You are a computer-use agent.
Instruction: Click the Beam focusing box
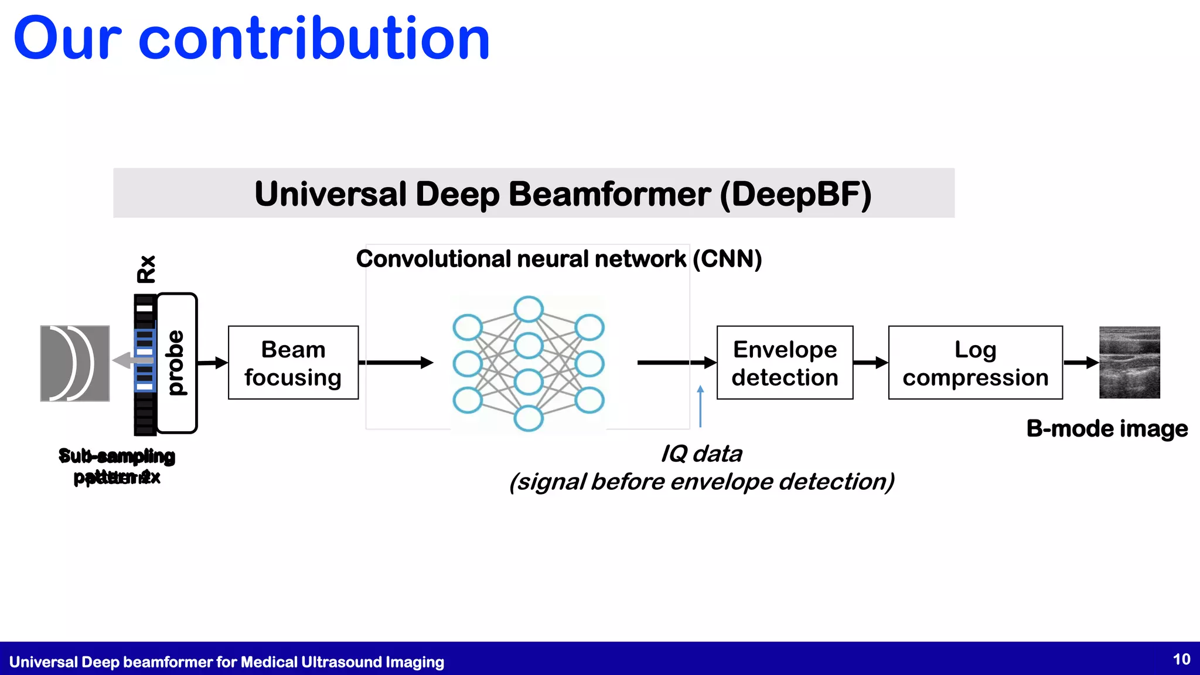pyautogui.click(x=293, y=363)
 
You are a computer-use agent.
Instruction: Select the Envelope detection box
pyautogui.click(x=785, y=363)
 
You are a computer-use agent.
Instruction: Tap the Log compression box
pyautogui.click(x=975, y=363)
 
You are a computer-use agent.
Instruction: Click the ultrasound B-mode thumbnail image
pyautogui.click(x=1129, y=363)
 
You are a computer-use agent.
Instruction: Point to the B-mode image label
pyautogui.click(x=1107, y=428)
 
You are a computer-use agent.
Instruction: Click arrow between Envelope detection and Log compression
pyautogui.click(x=871, y=363)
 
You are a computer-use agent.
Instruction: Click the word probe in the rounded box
pyautogui.click(x=176, y=363)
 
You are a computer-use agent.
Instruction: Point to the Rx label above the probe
pyautogui.click(x=146, y=269)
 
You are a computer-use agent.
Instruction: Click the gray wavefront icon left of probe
pyautogui.click(x=74, y=363)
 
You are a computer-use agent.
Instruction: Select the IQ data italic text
pyautogui.click(x=701, y=454)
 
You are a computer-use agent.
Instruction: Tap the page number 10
pyautogui.click(x=1181, y=660)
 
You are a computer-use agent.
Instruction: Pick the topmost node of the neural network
pyautogui.click(x=529, y=309)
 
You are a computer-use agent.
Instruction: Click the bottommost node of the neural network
pyautogui.click(x=529, y=418)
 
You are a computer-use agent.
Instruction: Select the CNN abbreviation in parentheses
pyautogui.click(x=727, y=258)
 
